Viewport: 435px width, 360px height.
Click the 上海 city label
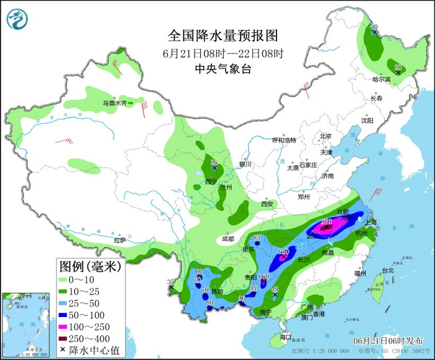coord(373,221)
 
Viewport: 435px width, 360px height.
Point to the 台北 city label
coord(387,270)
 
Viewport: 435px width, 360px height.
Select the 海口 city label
coord(285,337)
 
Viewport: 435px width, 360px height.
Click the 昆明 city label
coord(217,292)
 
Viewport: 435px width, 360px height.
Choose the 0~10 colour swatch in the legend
coord(66,279)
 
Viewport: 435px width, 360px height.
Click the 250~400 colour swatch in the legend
coord(66,338)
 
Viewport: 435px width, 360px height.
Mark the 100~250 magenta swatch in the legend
coord(66,326)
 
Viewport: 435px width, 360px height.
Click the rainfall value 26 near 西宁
coord(214,163)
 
